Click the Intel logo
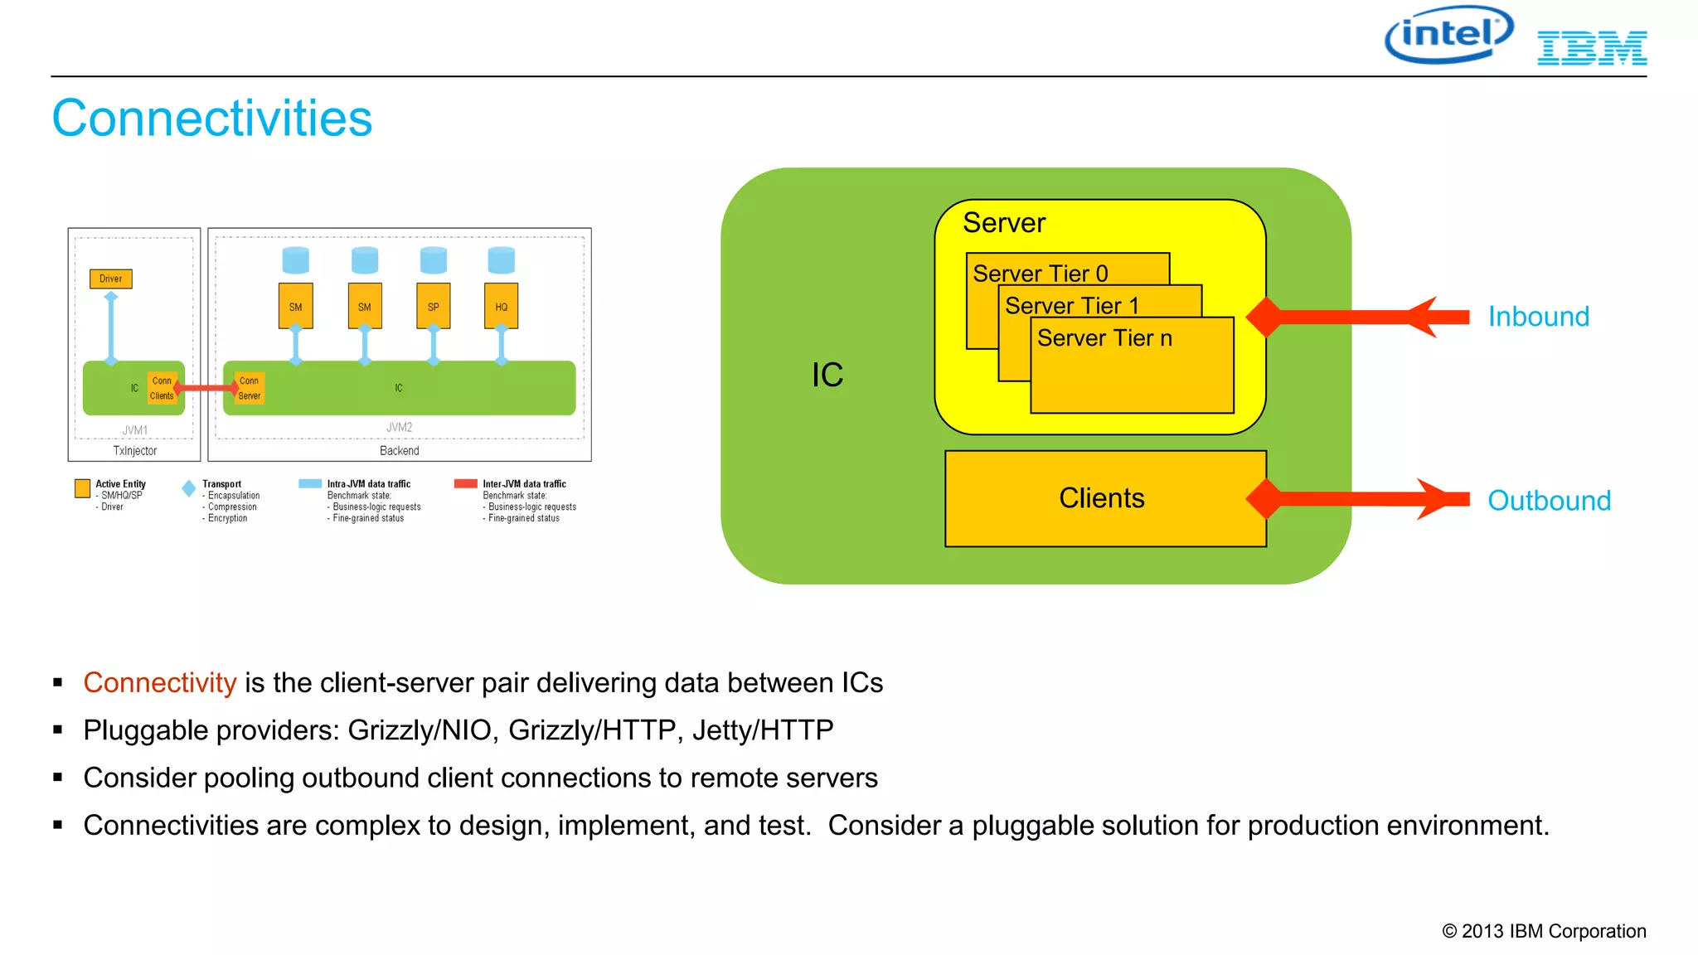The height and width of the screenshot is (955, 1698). click(1448, 35)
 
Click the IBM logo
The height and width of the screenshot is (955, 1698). click(1591, 48)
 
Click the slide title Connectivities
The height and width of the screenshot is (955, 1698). click(212, 118)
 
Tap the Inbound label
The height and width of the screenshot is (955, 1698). click(1538, 317)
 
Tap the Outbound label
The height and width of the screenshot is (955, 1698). click(1549, 501)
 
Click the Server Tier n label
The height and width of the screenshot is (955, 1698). click(1104, 338)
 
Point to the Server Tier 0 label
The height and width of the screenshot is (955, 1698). click(1040, 274)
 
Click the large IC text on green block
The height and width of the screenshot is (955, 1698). click(827, 376)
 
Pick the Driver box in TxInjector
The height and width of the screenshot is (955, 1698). click(111, 279)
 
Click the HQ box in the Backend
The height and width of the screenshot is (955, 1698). click(501, 307)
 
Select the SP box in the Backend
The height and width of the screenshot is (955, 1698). click(433, 307)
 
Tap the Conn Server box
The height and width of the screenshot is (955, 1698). click(249, 388)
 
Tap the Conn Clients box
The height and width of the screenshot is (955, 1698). click(162, 388)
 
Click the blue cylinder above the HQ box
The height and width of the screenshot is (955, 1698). click(501, 260)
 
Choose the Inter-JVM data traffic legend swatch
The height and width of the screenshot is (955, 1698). click(466, 484)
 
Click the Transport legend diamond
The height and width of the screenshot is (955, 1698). click(189, 489)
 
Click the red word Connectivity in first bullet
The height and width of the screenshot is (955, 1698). click(160, 683)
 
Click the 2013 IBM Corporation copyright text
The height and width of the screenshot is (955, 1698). click(1544, 932)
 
